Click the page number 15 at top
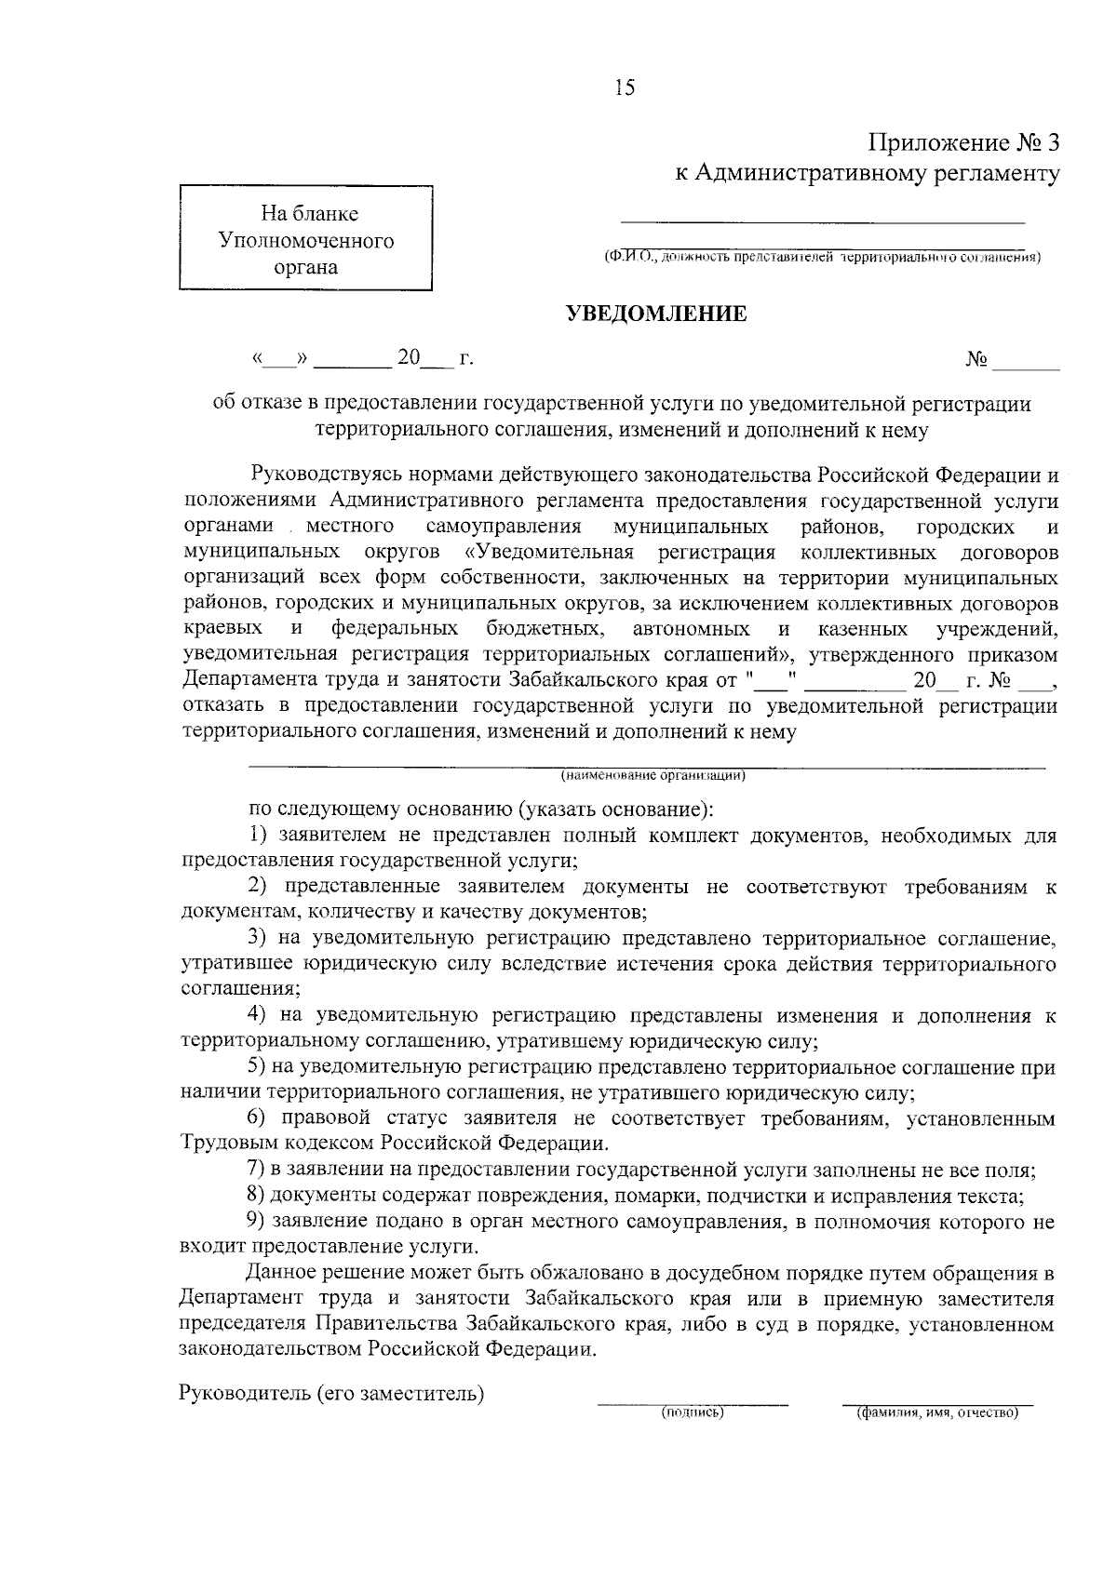pyautogui.click(x=624, y=88)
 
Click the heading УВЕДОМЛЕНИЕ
pyautogui.click(x=657, y=314)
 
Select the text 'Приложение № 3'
pyautogui.click(x=964, y=143)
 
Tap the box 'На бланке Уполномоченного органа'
pyautogui.click(x=305, y=241)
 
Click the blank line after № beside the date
pyautogui.click(x=1026, y=366)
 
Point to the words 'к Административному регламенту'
pyautogui.click(x=867, y=173)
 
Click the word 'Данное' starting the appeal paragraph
pyautogui.click(x=280, y=1273)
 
